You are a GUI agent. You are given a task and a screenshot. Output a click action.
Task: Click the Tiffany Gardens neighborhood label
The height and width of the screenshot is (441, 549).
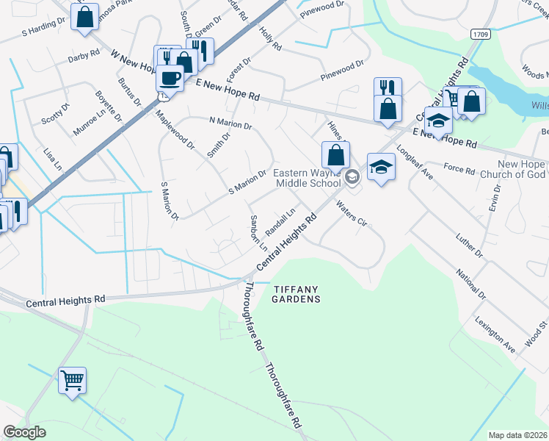coord(297,294)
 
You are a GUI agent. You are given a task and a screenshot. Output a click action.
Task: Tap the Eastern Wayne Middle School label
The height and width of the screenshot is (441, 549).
coord(308,178)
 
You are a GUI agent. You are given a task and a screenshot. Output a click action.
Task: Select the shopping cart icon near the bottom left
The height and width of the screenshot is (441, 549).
coord(72,381)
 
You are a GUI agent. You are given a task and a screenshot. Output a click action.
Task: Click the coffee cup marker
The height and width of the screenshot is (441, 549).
coord(170,77)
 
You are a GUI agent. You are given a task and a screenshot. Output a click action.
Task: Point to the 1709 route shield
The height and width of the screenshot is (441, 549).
coord(480,35)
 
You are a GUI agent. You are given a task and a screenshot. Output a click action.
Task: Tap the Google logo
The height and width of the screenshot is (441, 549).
coord(24,432)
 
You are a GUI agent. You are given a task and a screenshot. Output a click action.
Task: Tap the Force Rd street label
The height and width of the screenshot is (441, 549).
coord(459,169)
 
